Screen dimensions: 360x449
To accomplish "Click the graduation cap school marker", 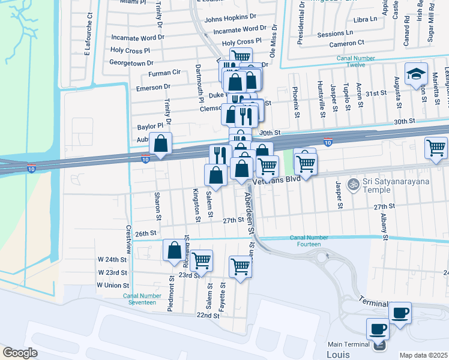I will point(416,74).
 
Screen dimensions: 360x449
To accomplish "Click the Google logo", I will point(20,353).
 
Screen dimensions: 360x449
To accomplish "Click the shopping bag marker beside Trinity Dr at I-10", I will point(160,144).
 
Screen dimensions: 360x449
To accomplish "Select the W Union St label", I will point(113,286).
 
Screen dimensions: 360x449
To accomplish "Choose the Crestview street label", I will point(128,239).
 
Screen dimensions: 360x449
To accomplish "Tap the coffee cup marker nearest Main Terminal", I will point(378,328).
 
